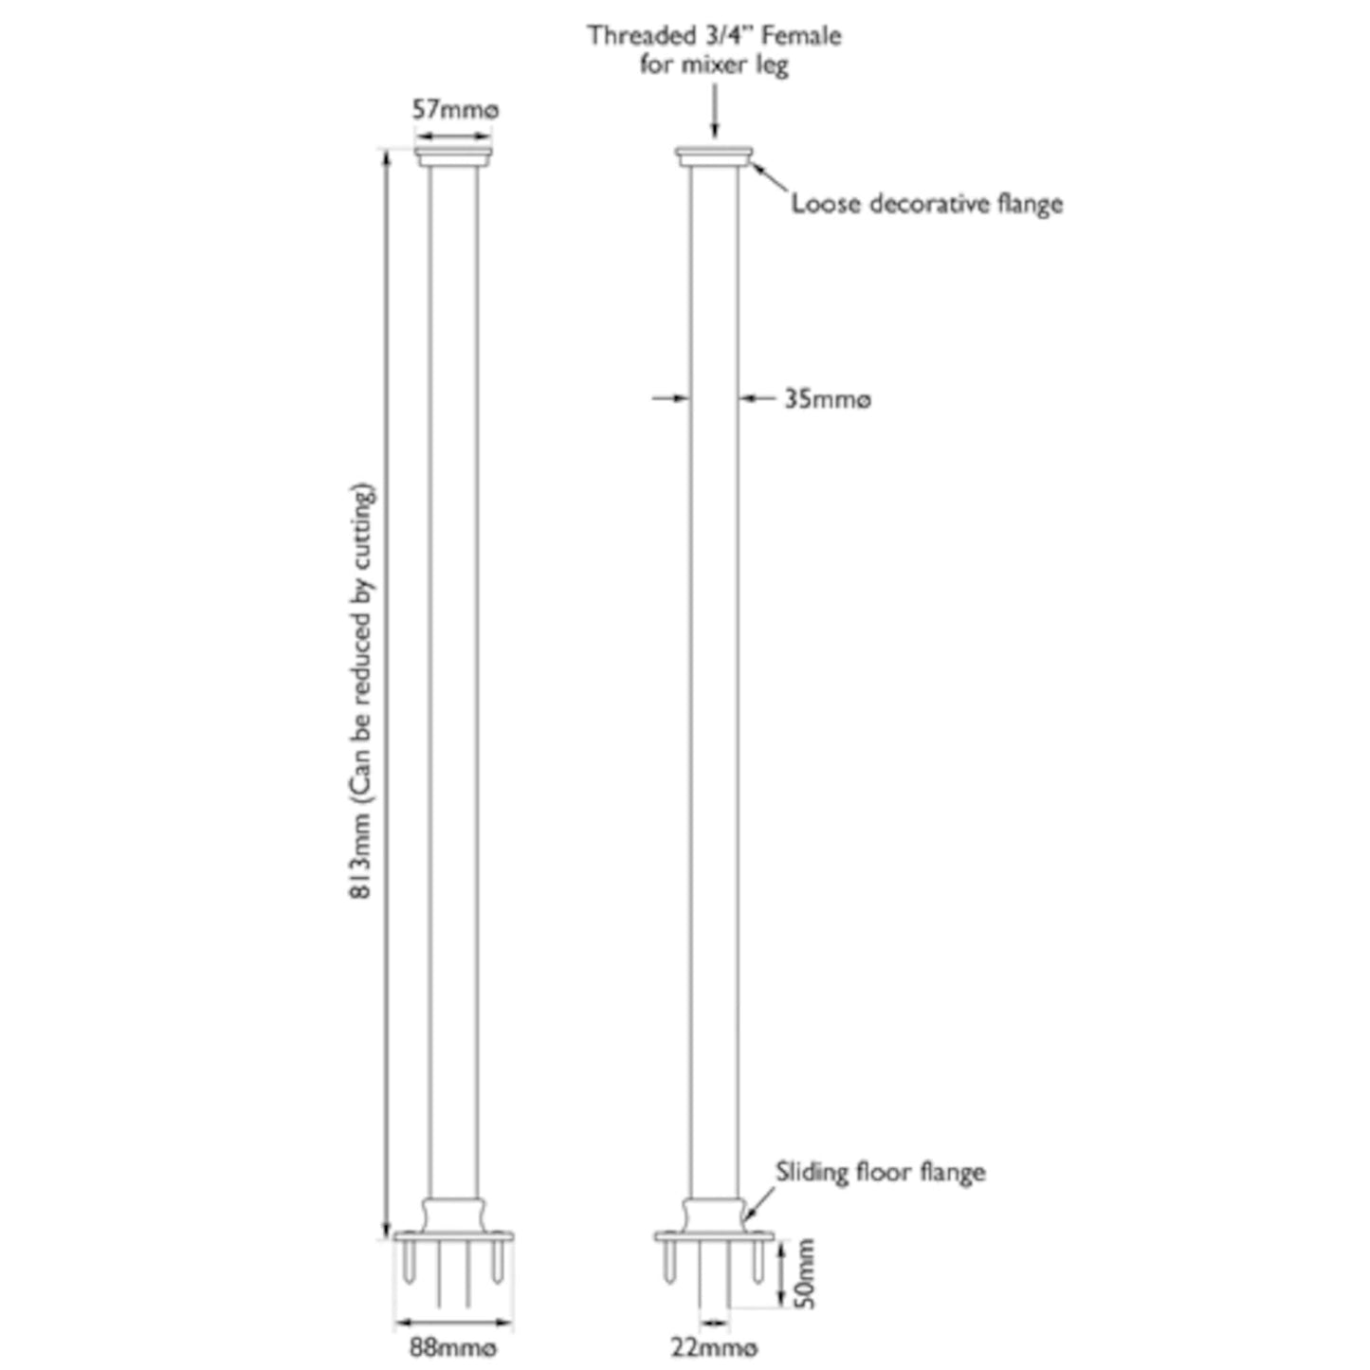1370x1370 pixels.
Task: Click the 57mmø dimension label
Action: [454, 110]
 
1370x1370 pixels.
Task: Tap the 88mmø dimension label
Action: [453, 1347]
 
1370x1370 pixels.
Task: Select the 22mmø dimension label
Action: [714, 1347]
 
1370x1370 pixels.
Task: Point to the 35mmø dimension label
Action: [827, 399]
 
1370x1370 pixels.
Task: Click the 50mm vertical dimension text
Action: [804, 1273]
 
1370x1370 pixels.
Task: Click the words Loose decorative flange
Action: [926, 204]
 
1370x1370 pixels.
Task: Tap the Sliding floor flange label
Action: [880, 1172]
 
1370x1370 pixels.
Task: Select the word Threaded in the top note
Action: [641, 36]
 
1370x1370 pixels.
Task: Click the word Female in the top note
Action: [801, 36]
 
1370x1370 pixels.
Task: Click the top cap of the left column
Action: [453, 156]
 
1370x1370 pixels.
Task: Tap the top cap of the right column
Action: [714, 156]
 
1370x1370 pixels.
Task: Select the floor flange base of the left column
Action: [453, 1235]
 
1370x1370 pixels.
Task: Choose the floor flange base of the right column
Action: [714, 1235]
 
